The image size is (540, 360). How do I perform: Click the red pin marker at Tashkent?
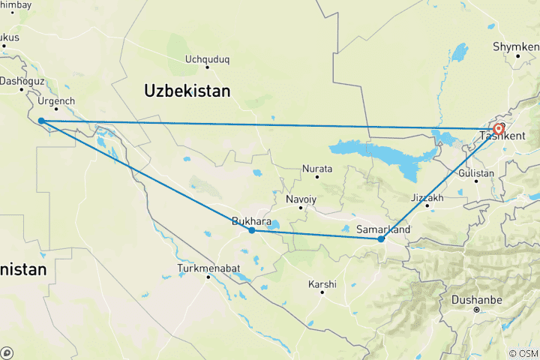(499, 129)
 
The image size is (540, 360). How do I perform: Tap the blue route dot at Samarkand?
(382, 239)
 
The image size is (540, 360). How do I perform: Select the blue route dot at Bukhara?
(252, 230)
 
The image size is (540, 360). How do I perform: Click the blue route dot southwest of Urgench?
(40, 121)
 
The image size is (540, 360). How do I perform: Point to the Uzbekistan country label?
(187, 91)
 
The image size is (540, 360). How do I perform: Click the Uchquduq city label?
(207, 58)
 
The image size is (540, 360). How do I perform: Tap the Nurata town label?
(316, 169)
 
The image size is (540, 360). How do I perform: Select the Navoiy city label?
(301, 199)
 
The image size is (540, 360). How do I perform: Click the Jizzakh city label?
(427, 198)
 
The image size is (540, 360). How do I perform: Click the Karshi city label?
(322, 284)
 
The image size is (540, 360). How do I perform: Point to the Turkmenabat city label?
(208, 268)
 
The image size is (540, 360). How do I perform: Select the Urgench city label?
(57, 100)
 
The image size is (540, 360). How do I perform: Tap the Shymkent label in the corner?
(516, 46)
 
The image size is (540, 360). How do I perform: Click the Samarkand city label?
(382, 228)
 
